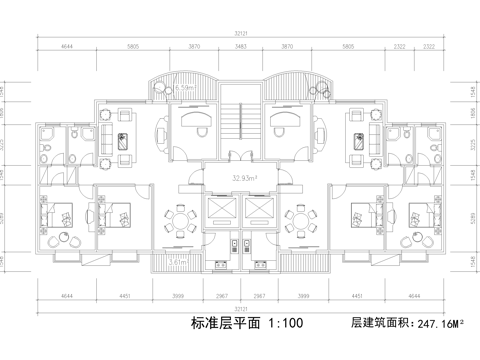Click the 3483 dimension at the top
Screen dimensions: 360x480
(241, 47)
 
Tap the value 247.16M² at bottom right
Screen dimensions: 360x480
(442, 324)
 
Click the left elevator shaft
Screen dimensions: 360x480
(217, 211)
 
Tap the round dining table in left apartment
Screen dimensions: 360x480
(179, 222)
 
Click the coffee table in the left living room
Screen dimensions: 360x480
(123, 141)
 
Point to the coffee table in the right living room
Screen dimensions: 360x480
(356, 141)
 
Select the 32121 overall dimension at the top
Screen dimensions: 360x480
(239, 35)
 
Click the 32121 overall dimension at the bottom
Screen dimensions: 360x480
(239, 307)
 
